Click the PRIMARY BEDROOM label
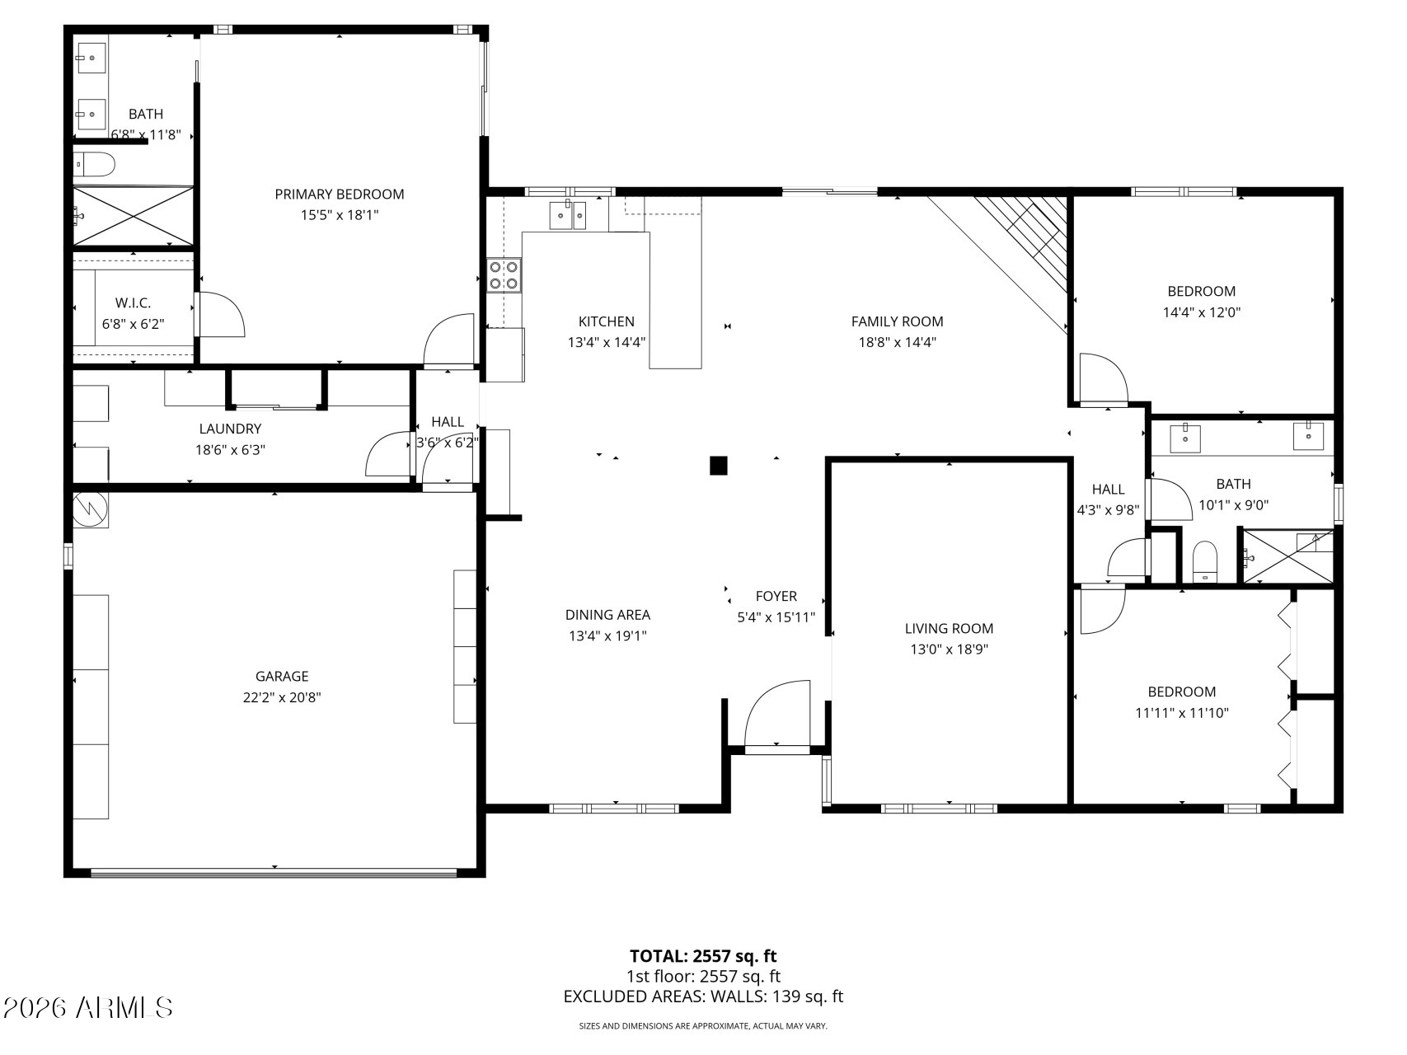coord(340,195)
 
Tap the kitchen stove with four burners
coord(504,275)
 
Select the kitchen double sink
coord(568,214)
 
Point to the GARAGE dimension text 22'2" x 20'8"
coord(282,697)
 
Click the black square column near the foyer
coord(719,466)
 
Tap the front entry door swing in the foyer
coord(777,714)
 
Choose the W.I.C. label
coord(134,303)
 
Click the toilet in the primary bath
coord(94,166)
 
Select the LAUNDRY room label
coord(230,429)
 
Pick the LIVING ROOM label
coord(949,628)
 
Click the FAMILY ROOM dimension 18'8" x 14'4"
coord(898,342)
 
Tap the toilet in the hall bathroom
coord(1205,561)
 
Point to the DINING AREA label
coord(607,615)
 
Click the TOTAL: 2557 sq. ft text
coord(703,956)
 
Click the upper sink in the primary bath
coord(91,58)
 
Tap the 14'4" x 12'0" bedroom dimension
coord(1202,312)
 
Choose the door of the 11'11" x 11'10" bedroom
coord(1102,609)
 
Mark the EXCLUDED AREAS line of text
coord(703,996)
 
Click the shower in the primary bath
coord(134,216)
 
